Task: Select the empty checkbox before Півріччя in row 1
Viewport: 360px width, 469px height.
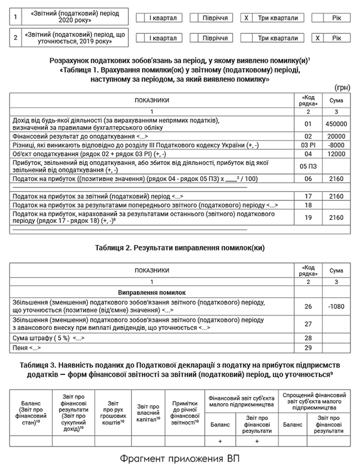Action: pos(194,18)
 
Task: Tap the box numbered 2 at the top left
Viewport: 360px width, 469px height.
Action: pos(15,38)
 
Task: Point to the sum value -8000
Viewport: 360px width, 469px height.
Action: pos(336,145)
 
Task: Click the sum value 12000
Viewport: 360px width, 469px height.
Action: pos(336,154)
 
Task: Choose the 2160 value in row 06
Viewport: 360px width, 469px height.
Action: pos(336,178)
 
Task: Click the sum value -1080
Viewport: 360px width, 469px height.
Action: pos(336,306)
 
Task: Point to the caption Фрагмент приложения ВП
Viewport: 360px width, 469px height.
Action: pos(179,458)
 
